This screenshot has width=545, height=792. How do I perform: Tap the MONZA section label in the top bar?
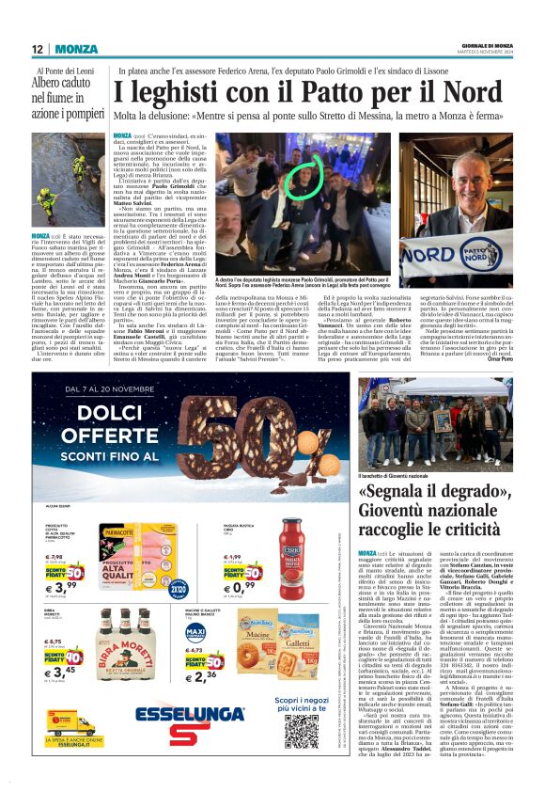click(x=76, y=49)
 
